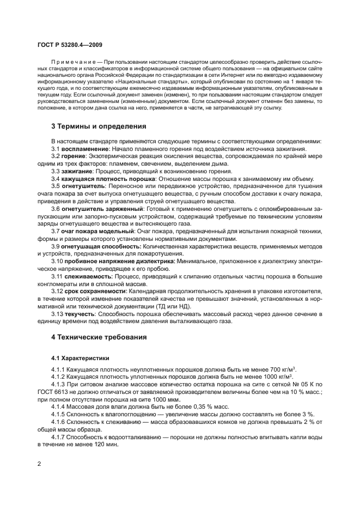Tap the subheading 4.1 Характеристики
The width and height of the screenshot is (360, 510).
(x=80, y=358)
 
